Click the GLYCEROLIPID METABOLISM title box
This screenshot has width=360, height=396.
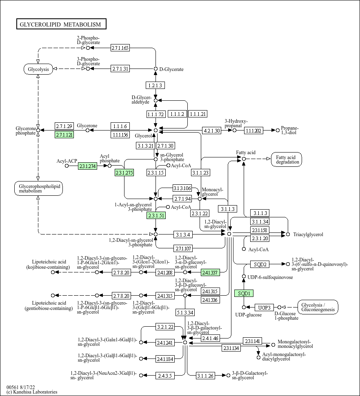pyautogui.click(x=61, y=24)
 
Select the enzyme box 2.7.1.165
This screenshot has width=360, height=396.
pyautogui.click(x=120, y=48)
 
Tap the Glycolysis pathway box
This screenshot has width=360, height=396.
pyautogui.click(x=38, y=69)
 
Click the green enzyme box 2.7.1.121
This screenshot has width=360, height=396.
pyautogui.click(x=64, y=135)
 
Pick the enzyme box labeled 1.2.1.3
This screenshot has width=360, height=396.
pyautogui.click(x=155, y=85)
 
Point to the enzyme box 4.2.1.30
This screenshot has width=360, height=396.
pyautogui.click(x=211, y=131)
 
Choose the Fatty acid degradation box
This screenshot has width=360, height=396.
pyautogui.click(x=287, y=159)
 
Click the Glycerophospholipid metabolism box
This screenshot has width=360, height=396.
pyautogui.click(x=38, y=188)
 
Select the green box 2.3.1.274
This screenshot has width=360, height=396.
pyautogui.click(x=87, y=166)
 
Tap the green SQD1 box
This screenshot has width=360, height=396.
pyautogui.click(x=244, y=293)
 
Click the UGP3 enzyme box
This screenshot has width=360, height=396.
pyautogui.click(x=264, y=308)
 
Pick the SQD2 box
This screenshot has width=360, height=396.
pyautogui.click(x=260, y=264)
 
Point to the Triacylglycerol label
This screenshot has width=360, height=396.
pyautogui.click(x=308, y=235)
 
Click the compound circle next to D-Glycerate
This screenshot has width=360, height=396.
pyautogui.click(x=156, y=69)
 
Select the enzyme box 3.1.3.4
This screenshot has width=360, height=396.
pyautogui.click(x=183, y=235)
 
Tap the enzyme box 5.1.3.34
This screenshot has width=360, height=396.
pyautogui.click(x=185, y=312)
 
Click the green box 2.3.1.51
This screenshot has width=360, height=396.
pyautogui.click(x=156, y=215)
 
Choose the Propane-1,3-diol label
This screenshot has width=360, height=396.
pyautogui.click(x=290, y=131)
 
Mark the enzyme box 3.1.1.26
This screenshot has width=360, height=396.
pyautogui.click(x=205, y=376)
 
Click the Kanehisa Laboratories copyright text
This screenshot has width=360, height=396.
pyautogui.click(x=32, y=392)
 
